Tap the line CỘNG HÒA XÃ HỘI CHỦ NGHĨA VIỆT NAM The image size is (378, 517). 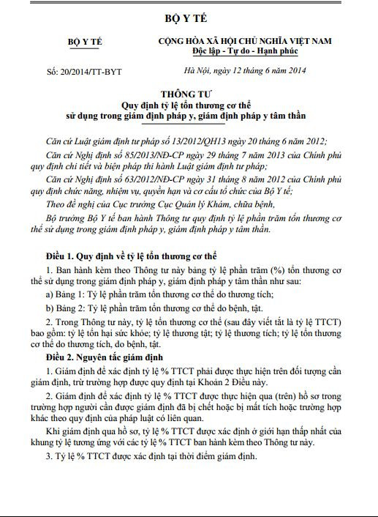245,43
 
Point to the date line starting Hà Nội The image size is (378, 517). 243,70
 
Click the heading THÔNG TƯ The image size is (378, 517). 188,94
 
